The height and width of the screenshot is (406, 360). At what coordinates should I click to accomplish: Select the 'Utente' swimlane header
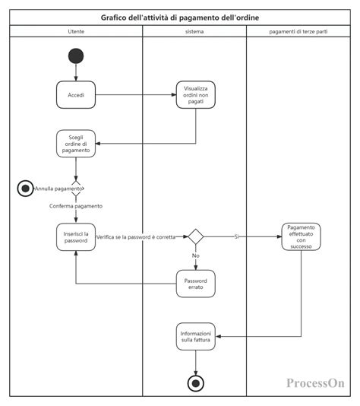coord(76,31)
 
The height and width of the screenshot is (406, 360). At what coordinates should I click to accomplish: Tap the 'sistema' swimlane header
coord(194,31)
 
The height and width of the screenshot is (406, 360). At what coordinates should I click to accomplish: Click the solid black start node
coord(76,56)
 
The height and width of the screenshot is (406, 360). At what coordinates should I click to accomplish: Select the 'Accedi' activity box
coord(76,95)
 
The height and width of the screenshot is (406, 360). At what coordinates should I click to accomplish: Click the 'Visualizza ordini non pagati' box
coord(196,95)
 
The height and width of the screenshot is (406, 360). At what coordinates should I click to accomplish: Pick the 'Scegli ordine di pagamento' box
coord(76,143)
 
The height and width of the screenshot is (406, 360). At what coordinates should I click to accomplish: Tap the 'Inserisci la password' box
coord(76,237)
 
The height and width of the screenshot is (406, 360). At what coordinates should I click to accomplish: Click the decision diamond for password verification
coord(196,237)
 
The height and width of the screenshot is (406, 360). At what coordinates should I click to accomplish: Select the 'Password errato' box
coord(196,284)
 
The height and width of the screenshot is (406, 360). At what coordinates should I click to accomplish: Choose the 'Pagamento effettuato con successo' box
coord(301,237)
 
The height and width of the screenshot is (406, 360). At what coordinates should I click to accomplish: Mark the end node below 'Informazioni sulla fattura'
coord(196,383)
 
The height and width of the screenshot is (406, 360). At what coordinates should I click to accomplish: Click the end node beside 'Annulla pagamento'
coord(25,188)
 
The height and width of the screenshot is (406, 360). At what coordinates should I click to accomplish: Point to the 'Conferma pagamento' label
coord(76,206)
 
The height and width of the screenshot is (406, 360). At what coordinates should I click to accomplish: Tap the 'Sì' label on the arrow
coord(236,237)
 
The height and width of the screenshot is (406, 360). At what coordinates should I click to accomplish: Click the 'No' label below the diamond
coord(196,256)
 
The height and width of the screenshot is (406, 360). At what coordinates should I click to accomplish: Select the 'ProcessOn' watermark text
coord(315,384)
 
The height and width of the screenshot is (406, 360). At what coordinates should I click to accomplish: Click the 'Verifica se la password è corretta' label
coord(136,237)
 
